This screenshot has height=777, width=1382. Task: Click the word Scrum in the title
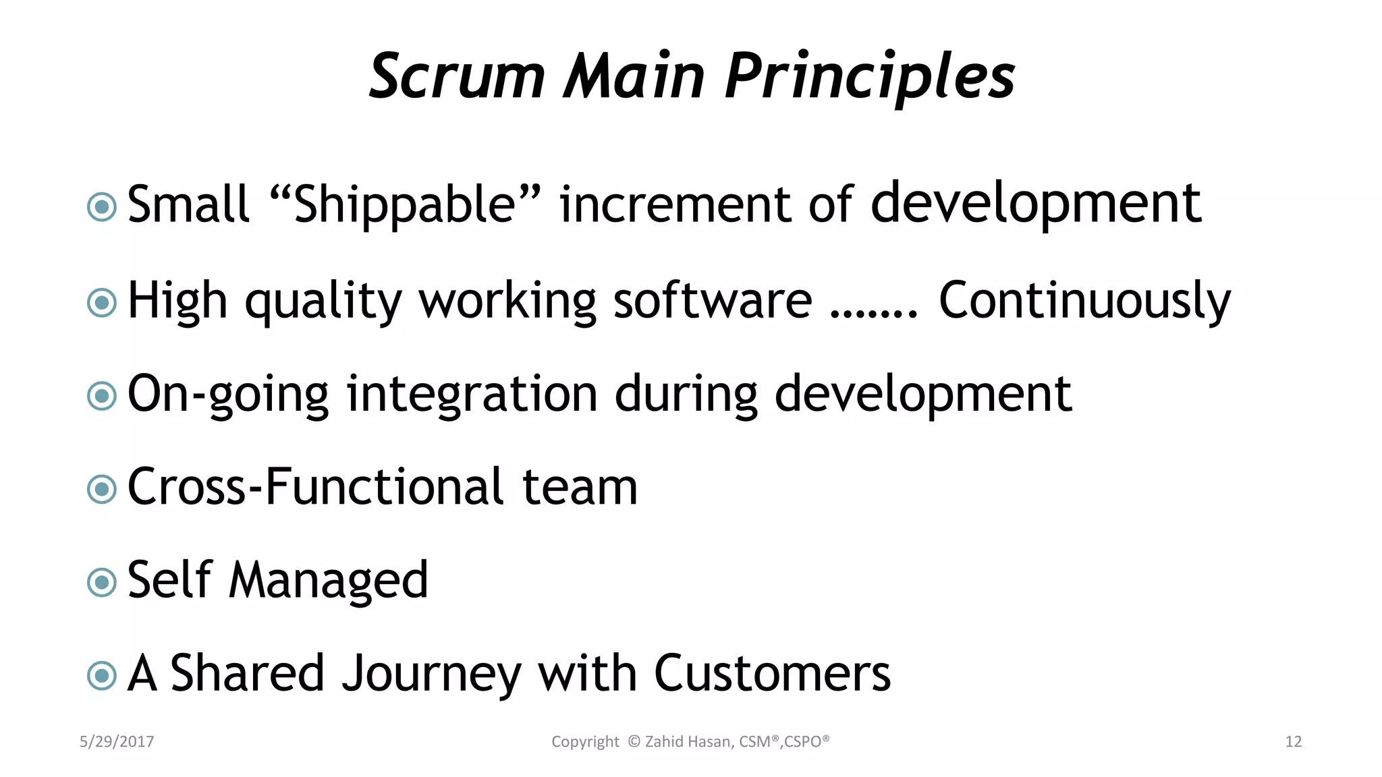click(457, 76)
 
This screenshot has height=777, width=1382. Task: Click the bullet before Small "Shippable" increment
click(102, 207)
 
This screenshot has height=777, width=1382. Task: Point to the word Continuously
click(1084, 301)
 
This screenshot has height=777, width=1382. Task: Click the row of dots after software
click(873, 313)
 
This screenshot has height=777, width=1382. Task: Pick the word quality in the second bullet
click(323, 301)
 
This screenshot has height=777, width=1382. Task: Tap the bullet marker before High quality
click(102, 303)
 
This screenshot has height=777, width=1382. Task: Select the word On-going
click(227, 395)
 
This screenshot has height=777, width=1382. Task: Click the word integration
click(472, 395)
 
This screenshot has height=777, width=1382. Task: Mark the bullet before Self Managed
click(102, 582)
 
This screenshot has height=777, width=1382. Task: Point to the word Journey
click(431, 674)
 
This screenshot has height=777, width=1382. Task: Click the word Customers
click(772, 673)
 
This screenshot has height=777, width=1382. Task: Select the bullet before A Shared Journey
click(102, 675)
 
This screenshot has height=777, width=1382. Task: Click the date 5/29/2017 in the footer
click(117, 742)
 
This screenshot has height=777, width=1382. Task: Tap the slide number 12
click(1293, 742)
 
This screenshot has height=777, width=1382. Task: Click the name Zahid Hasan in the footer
click(689, 742)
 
